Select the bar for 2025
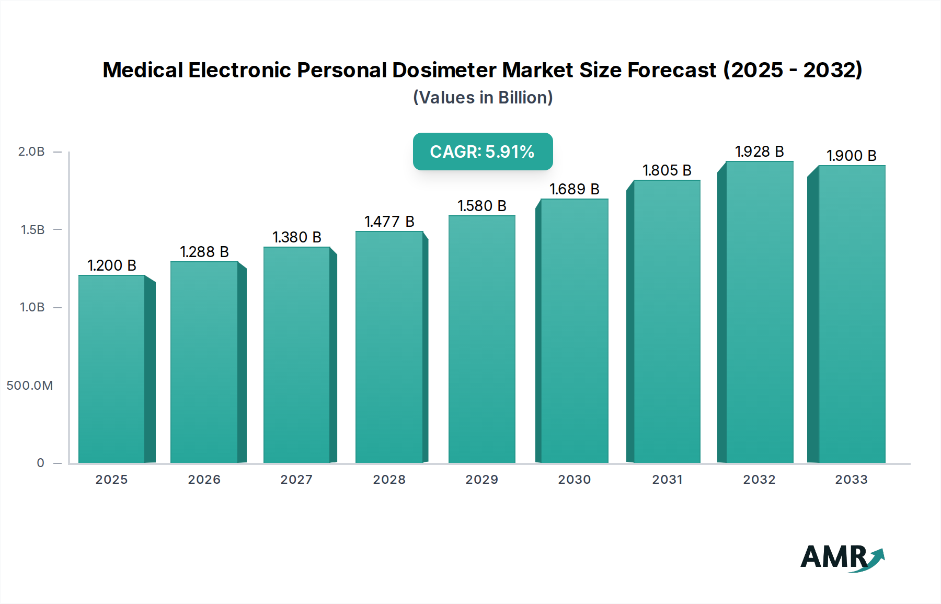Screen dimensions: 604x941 coord(112,368)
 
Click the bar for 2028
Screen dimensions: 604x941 coord(389,346)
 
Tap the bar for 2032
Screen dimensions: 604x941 coord(759,312)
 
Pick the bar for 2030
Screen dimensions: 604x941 coord(574,330)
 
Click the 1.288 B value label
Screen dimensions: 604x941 coord(204,252)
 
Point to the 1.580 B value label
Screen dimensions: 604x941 coord(482,206)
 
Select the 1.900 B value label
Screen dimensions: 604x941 coord(851,156)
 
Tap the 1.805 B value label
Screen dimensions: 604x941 coord(667,170)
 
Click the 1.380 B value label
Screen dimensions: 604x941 coord(297,237)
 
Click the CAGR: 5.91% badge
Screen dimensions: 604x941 coord(483,152)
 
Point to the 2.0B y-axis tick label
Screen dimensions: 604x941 coord(31,152)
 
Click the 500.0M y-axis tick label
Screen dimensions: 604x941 coord(30,386)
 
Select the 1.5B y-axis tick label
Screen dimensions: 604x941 coord(32,230)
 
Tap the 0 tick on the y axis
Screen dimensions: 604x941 coord(40,463)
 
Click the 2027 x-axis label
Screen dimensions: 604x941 coord(296,480)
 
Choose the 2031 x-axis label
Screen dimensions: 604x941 coord(667,480)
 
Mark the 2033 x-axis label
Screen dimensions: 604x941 coord(851,480)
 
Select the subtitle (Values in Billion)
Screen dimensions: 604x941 coord(483,98)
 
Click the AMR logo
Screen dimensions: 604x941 coord(842,557)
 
